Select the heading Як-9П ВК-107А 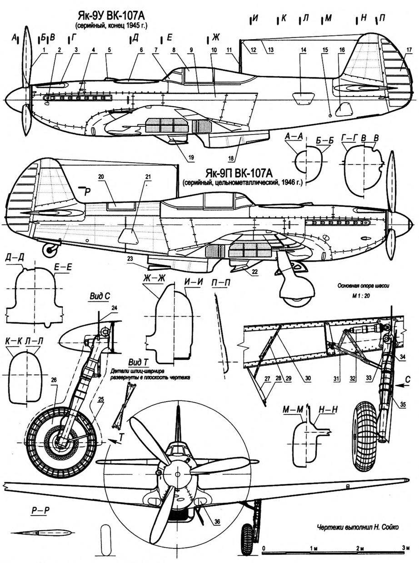[x=246, y=174]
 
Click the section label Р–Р [x=41, y=511]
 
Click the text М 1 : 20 [x=362, y=295]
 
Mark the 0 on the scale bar [x=264, y=548]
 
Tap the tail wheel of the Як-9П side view [x=50, y=249]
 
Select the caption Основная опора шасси [x=361, y=286]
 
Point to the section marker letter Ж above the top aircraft [x=215, y=38]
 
